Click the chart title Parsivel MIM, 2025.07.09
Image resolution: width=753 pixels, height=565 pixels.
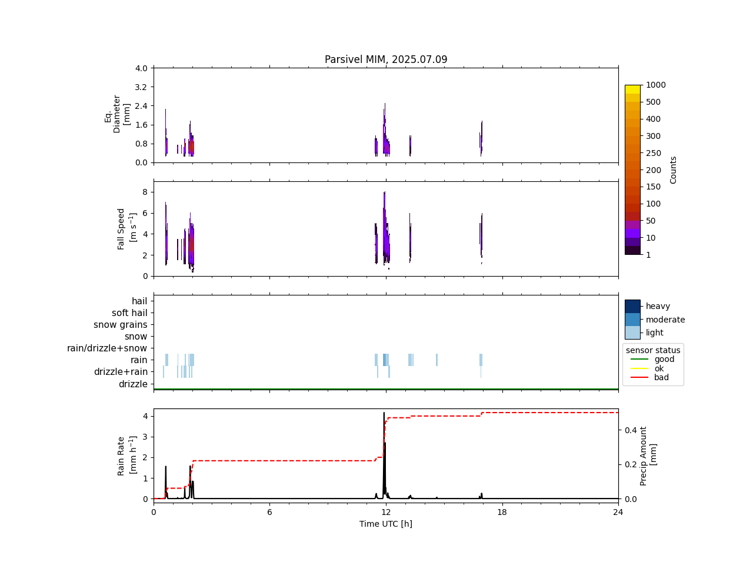[x=385, y=59]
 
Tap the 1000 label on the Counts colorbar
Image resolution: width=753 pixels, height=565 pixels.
[x=655, y=85]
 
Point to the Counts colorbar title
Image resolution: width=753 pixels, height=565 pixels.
[x=673, y=169]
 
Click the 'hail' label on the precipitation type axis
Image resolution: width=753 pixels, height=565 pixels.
[x=139, y=301]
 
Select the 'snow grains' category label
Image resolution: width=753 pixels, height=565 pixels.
[x=120, y=325]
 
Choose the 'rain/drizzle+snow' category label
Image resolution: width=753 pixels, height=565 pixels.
[x=107, y=348]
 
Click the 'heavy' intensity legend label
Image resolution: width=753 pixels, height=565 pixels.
[x=658, y=306]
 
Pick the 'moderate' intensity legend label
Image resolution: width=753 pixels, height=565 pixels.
[x=665, y=320]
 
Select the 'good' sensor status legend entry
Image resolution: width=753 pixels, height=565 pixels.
[x=664, y=359]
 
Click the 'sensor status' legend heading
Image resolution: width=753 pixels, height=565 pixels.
[x=653, y=350]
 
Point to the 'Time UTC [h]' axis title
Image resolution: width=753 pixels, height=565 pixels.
[x=385, y=524]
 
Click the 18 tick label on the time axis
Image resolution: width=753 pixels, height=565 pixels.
[x=502, y=512]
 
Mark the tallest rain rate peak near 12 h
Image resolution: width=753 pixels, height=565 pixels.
[x=384, y=413]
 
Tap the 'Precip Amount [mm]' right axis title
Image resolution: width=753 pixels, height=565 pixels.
[x=648, y=456]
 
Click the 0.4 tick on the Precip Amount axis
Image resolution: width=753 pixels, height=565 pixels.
[x=631, y=430]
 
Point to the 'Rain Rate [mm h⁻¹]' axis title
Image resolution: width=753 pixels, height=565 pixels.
[x=125, y=456]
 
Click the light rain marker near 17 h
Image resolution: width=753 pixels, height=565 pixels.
[x=481, y=360]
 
